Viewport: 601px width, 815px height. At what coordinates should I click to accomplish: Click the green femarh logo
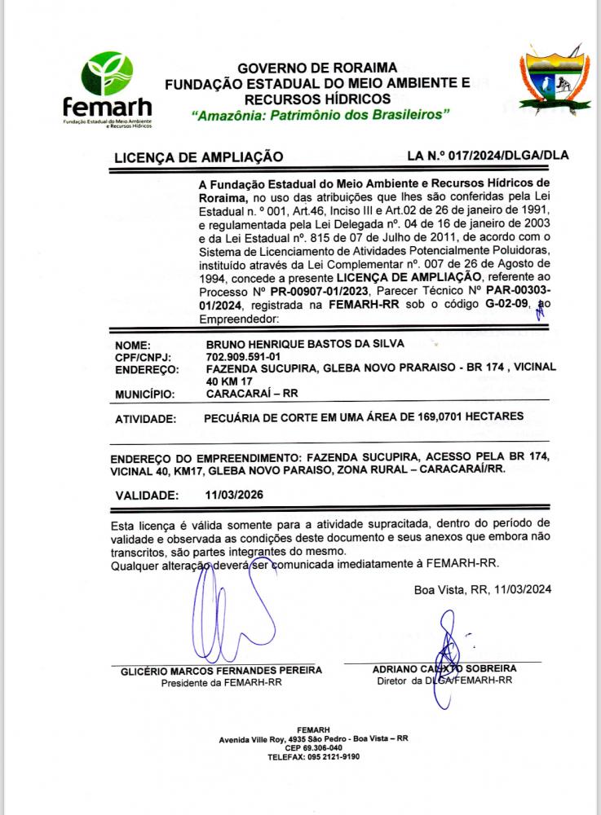pyautogui.click(x=107, y=87)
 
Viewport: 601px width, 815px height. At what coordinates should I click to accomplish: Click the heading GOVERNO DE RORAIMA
pyautogui.click(x=317, y=68)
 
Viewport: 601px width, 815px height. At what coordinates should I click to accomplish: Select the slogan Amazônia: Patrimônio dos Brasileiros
pyautogui.click(x=320, y=115)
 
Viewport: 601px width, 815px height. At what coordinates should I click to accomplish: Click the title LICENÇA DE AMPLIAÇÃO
pyautogui.click(x=198, y=156)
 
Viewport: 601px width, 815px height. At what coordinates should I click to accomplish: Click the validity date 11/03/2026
pyautogui.click(x=235, y=495)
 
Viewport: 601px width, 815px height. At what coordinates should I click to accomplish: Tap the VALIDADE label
pyautogui.click(x=146, y=495)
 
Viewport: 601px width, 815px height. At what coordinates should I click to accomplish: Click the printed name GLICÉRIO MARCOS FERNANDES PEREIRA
pyautogui.click(x=221, y=670)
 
